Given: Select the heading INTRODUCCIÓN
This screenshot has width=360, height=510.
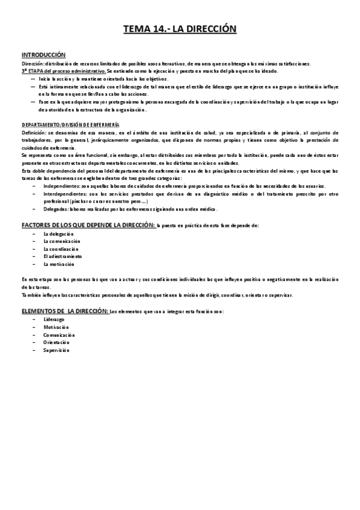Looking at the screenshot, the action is (43, 55).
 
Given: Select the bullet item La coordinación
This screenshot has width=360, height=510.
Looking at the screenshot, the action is (61, 248).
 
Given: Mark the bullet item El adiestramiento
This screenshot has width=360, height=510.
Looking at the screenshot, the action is (63, 256).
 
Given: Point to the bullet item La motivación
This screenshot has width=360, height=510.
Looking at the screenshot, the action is (59, 264).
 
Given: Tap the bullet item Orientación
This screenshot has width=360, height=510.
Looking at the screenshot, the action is (56, 342).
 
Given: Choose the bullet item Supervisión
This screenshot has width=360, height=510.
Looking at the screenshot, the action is (56, 350).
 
